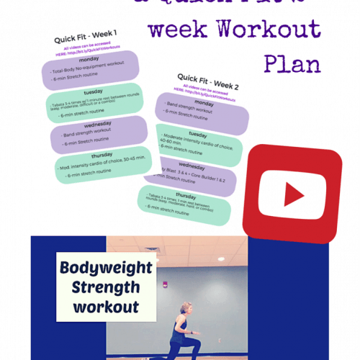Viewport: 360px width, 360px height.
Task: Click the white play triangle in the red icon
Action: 294,195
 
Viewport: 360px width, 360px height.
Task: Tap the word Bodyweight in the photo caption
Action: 106,269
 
